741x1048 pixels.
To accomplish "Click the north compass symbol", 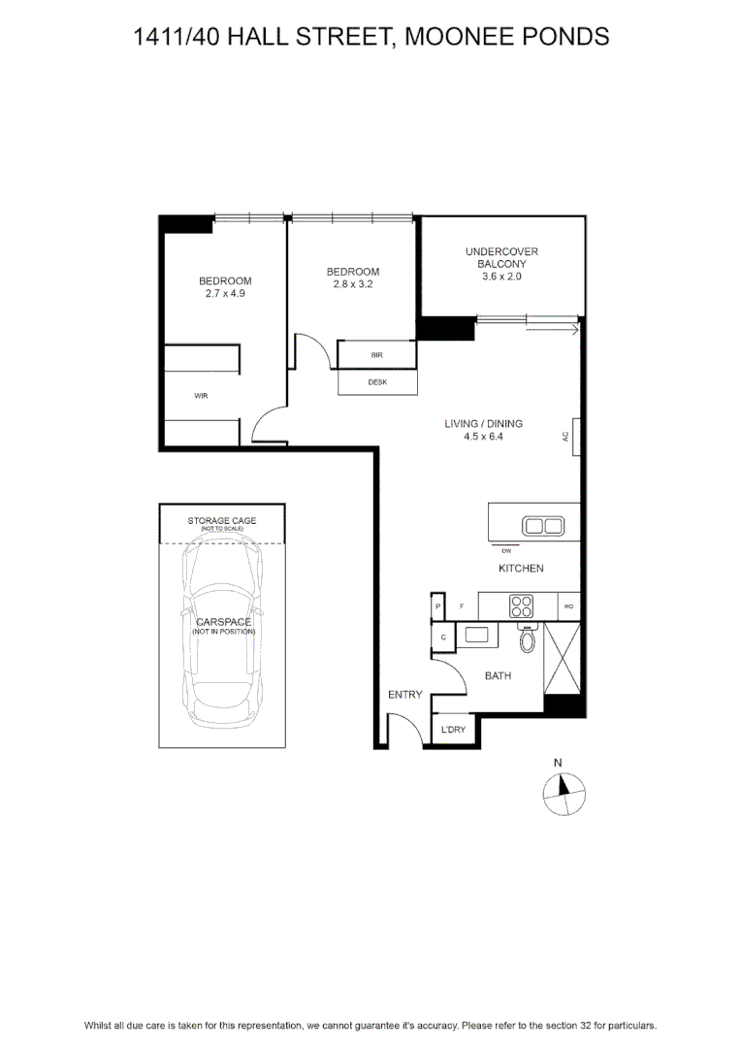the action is coord(564,794).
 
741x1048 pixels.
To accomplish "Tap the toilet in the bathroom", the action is coord(528,639).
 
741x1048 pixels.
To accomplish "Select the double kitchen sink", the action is coord(543,526).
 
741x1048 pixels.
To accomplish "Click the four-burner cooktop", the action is coord(521,606).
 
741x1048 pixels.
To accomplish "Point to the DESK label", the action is coord(377,382).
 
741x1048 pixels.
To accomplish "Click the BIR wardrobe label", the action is coord(377,355).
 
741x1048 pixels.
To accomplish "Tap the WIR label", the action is coord(201,396).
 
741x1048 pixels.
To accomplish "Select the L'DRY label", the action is coord(453,729).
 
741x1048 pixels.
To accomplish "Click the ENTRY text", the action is coord(404,695).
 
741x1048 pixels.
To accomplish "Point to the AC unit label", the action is coord(566,437).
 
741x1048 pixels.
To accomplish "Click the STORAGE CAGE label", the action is coord(222,521).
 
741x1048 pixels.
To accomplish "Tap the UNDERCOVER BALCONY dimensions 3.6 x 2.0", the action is coord(501,276).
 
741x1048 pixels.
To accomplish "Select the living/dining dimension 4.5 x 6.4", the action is coord(483,437).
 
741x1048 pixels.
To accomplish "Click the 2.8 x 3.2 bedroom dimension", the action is coord(353,284).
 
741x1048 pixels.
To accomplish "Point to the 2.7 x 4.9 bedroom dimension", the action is coord(225,293).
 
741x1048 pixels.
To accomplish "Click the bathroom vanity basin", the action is coord(476,635).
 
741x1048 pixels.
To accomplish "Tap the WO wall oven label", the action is coord(568,606).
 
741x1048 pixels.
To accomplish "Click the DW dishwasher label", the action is coord(506,551).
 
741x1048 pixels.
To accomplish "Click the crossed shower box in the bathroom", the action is coord(562,658).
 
